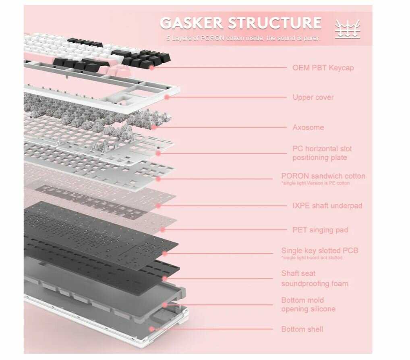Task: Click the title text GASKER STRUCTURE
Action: click(240, 23)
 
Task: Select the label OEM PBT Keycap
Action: click(323, 68)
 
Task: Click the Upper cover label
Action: click(313, 97)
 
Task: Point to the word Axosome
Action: click(308, 127)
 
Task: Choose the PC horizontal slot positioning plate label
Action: click(322, 153)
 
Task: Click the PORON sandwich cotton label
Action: click(323, 176)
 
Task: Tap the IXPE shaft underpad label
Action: click(327, 206)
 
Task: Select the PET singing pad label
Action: click(320, 230)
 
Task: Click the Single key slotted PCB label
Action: click(319, 250)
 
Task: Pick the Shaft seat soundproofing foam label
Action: click(315, 279)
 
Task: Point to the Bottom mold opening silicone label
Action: click(308, 304)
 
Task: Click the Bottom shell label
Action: click(302, 329)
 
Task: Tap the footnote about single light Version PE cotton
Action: click(315, 183)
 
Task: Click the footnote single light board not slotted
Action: click(312, 258)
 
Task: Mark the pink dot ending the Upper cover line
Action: click(166, 97)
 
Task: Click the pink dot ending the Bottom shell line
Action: click(151, 329)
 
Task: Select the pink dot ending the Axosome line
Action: click(153, 127)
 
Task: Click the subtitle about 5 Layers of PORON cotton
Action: click(244, 38)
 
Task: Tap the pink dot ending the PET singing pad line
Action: click(163, 230)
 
